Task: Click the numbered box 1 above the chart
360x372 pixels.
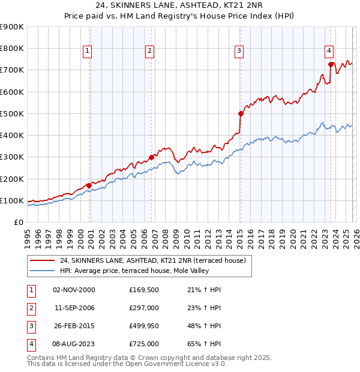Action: pyautogui.click(x=88, y=52)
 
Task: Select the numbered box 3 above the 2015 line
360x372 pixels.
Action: pyautogui.click(x=239, y=52)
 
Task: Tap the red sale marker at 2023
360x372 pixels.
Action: pyautogui.click(x=331, y=64)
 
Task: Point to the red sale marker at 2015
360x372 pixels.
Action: pyautogui.click(x=241, y=113)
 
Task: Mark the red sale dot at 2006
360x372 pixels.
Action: pyautogui.click(x=151, y=157)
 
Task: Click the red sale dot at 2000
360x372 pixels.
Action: pyautogui.click(x=89, y=185)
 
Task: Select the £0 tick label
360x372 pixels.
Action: pyautogui.click(x=17, y=223)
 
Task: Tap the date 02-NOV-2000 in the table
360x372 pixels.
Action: pyautogui.click(x=74, y=290)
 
